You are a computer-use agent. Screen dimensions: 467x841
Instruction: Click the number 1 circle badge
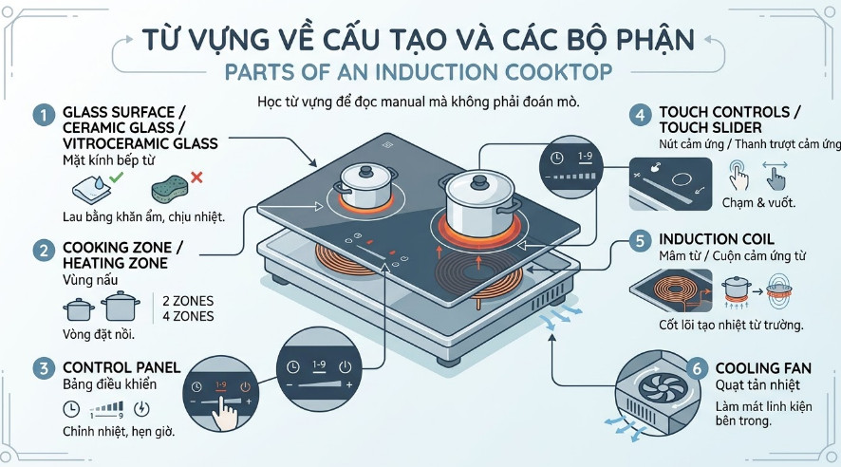pyautogui.click(x=42, y=115)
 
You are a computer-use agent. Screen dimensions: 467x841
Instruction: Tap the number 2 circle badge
pyautogui.click(x=42, y=251)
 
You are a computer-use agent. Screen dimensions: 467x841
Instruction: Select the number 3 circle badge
pyautogui.click(x=42, y=366)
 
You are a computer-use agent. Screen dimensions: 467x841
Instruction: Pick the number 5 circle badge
pyautogui.click(x=642, y=240)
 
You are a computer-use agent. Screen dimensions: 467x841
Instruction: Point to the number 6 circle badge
pyautogui.click(x=696, y=367)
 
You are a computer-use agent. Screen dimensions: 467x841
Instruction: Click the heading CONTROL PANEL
pyautogui.click(x=121, y=366)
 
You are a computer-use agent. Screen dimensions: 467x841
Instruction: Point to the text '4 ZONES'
pyautogui.click(x=188, y=316)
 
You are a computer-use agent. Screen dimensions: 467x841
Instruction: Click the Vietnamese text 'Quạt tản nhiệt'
pyautogui.click(x=757, y=385)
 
